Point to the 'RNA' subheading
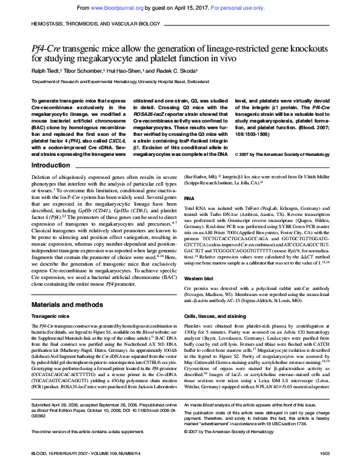pyautogui.click(x=189, y=198)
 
